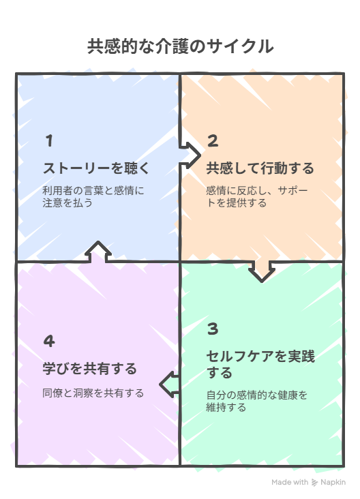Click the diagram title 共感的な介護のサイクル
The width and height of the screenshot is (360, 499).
click(x=180, y=46)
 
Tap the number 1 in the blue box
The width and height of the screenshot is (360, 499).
click(x=49, y=140)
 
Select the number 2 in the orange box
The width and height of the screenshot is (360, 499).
click(x=213, y=140)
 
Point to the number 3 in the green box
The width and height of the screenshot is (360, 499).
click(x=213, y=329)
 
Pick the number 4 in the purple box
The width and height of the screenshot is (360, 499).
click(x=49, y=341)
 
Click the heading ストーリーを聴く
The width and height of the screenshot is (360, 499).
click(x=96, y=168)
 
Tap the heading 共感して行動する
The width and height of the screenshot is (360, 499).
click(x=260, y=168)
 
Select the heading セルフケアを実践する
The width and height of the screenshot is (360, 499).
click(x=260, y=364)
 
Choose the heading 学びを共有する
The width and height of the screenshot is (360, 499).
click(x=90, y=369)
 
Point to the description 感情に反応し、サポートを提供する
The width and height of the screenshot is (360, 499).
click(x=257, y=197)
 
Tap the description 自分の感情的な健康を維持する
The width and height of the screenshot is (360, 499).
click(x=257, y=401)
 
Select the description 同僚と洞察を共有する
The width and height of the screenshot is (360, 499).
click(x=93, y=393)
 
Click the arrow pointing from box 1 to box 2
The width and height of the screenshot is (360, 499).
click(x=190, y=155)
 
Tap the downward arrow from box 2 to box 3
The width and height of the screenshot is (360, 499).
click(x=262, y=271)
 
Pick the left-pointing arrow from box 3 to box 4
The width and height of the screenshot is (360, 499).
click(x=169, y=384)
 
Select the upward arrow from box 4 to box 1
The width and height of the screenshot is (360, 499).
click(x=98, y=252)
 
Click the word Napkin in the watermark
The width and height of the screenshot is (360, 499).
click(x=333, y=482)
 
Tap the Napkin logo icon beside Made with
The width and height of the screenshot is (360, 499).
click(x=314, y=483)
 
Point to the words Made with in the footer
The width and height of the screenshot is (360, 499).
click(x=290, y=482)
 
